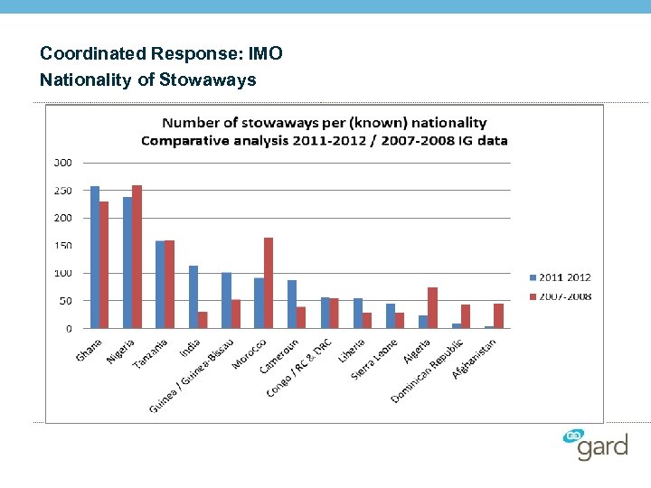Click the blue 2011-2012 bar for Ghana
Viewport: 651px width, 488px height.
(95, 258)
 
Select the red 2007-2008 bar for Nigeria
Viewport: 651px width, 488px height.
(137, 257)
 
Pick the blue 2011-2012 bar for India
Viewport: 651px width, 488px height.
(193, 297)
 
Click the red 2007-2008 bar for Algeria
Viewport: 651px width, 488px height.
(432, 308)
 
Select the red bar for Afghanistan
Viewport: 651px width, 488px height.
(498, 316)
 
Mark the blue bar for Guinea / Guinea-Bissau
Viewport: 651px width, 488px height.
(226, 301)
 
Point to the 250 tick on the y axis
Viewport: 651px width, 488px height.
(63, 191)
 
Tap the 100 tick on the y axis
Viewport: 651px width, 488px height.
(63, 273)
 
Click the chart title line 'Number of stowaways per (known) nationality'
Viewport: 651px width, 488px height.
(324, 123)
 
